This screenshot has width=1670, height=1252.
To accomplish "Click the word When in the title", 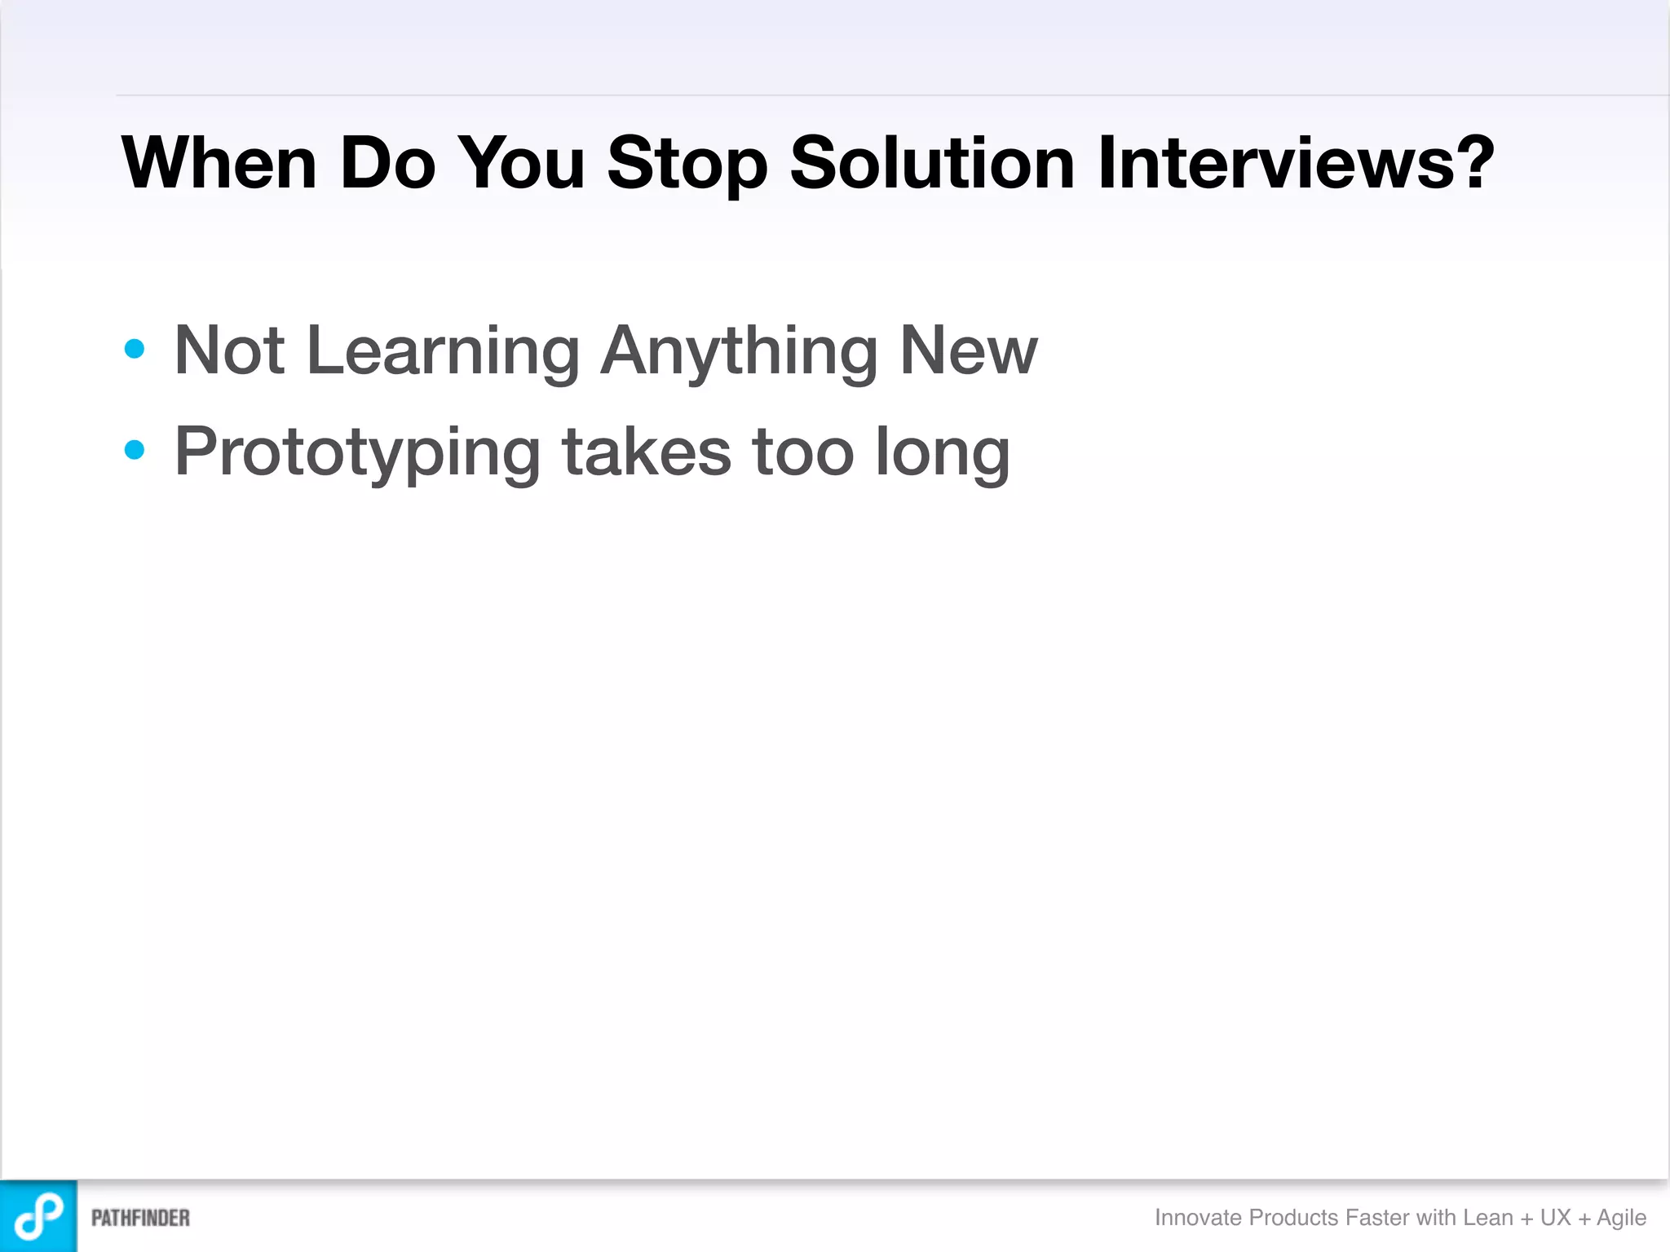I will coord(219,163).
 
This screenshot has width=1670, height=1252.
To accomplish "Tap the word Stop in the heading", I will coord(687,163).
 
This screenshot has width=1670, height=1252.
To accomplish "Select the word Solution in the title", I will coord(932,163).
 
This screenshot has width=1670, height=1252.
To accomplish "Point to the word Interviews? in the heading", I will coord(1296,163).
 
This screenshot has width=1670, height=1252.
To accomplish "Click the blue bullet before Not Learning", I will coord(135,350).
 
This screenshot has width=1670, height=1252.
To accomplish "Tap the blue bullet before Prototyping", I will coord(135,450).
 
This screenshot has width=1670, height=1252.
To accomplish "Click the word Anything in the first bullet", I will coord(739,350).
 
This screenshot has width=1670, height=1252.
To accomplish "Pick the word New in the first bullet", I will coord(969,350).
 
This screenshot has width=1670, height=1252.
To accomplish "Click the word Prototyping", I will coord(357,452).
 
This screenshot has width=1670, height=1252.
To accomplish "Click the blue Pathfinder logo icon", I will coord(38,1215).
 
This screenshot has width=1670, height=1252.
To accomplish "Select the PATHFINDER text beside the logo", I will coord(140,1218).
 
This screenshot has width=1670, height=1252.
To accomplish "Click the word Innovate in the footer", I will coord(1198,1217).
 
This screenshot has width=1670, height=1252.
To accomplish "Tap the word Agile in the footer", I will coord(1621,1218).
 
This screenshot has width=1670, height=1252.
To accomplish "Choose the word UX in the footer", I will coord(1555,1217).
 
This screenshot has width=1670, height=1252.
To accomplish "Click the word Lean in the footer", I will coord(1488,1217).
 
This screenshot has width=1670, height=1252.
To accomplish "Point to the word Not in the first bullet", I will coord(229,350).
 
